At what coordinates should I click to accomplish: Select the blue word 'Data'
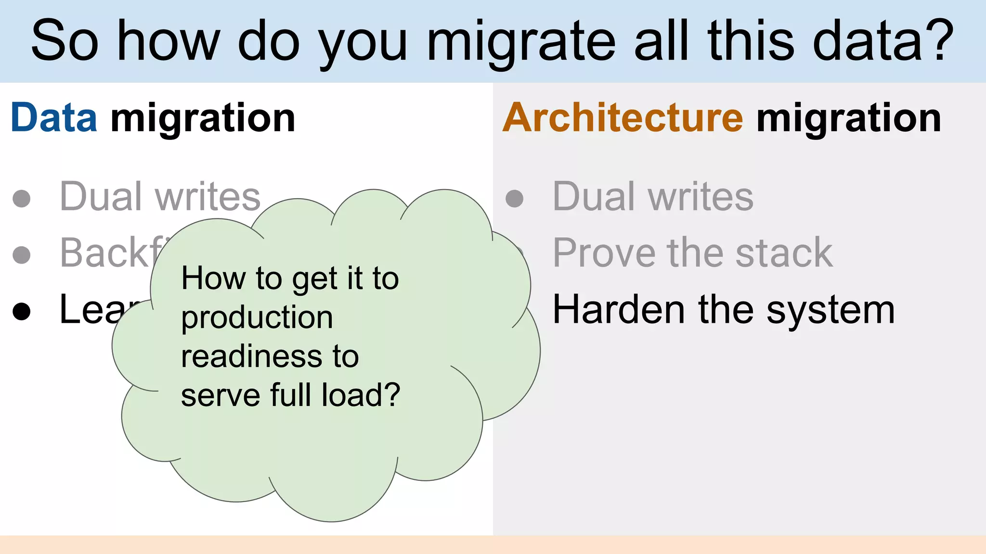54,118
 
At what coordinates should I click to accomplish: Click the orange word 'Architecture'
623,118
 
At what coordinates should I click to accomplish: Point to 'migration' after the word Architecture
848,119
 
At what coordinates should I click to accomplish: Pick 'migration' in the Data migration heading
203,119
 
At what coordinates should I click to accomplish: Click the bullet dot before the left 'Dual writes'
22,198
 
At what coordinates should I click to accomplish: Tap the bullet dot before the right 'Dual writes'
514,198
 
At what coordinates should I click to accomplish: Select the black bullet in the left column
22,311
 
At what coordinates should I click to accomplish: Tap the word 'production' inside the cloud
257,318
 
